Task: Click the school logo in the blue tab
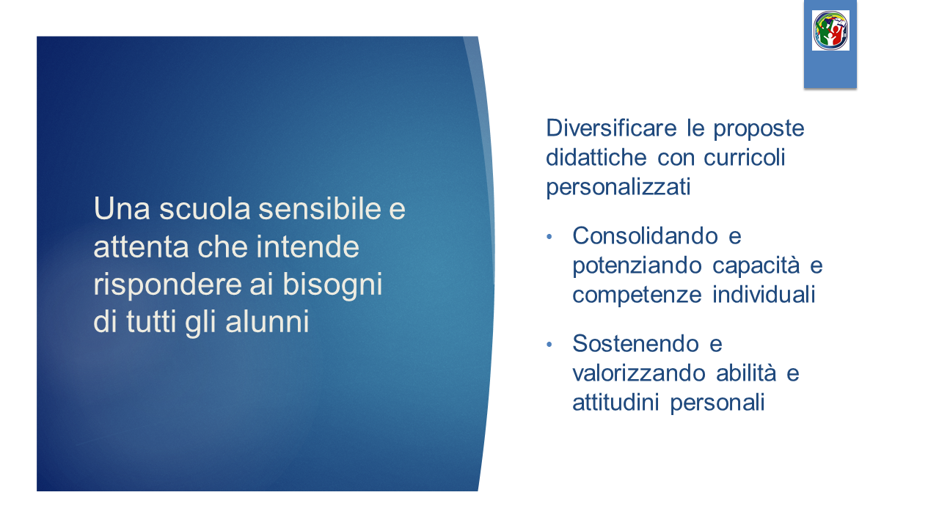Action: [830, 30]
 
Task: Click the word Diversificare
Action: [611, 128]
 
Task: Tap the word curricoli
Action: [744, 158]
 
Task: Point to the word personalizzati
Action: [618, 187]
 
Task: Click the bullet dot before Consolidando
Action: [549, 237]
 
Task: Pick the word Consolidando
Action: [645, 236]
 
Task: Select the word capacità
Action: [756, 265]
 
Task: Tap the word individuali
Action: [764, 294]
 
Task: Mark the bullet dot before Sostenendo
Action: [549, 345]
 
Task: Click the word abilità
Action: [746, 373]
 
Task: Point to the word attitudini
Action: [615, 403]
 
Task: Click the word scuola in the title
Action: [205, 209]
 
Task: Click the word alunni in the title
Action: [268, 321]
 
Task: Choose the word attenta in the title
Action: [142, 247]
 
